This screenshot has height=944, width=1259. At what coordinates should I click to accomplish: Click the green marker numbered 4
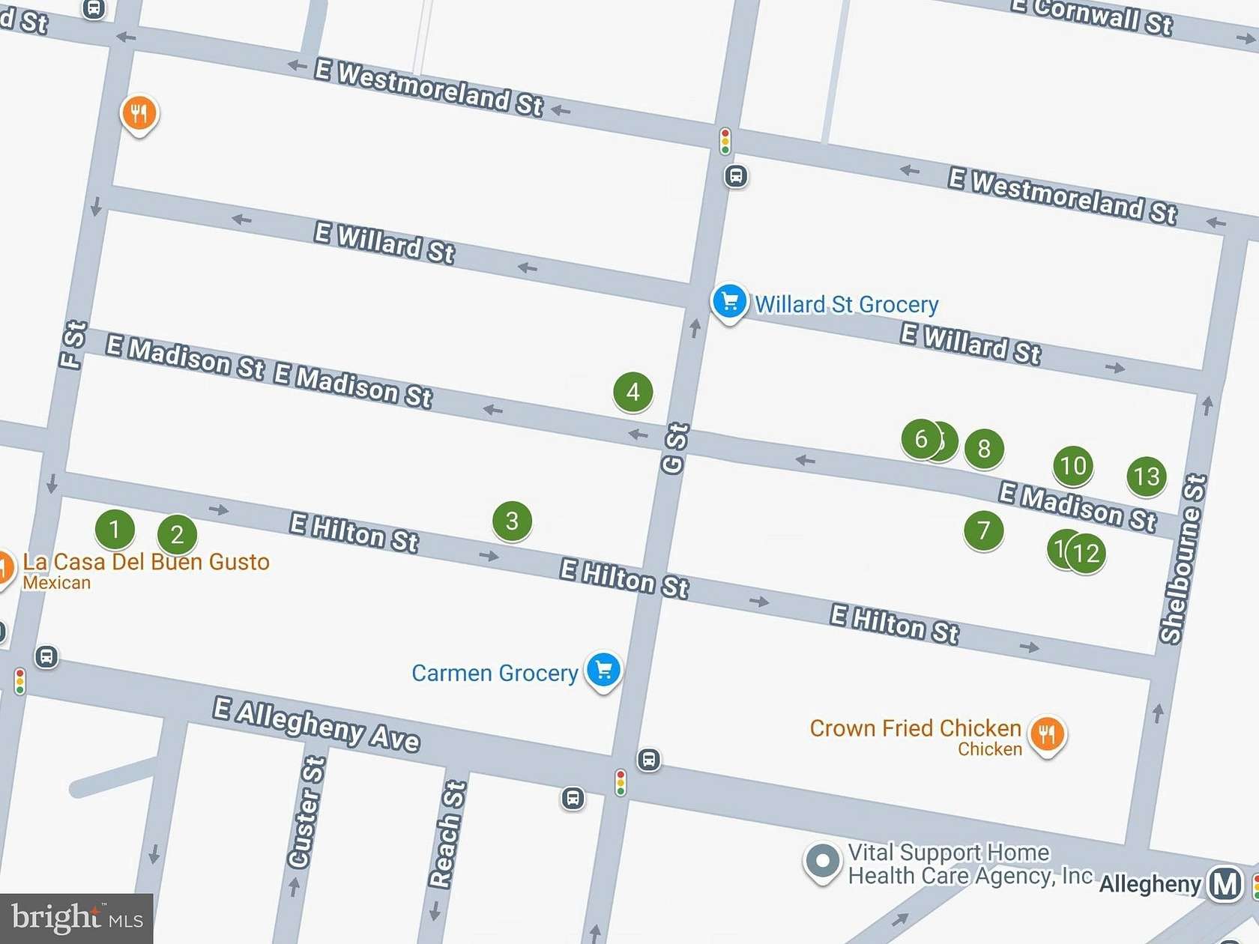pos(632,392)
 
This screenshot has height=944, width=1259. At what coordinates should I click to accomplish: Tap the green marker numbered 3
pos(512,521)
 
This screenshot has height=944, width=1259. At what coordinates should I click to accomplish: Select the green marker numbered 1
pos(115,530)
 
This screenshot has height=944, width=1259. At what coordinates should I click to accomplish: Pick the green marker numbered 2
pos(177,535)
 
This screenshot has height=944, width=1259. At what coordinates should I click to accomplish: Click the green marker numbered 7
pos(983,530)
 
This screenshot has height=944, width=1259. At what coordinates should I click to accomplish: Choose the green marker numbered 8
pos(984,449)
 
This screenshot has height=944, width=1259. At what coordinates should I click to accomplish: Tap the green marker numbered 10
pos(1073,466)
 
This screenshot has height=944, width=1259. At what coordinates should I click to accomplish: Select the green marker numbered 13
pos(1147,476)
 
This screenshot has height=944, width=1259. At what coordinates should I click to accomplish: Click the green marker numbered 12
pos(1087,554)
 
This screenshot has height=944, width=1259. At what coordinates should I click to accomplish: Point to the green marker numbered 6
pos(920,439)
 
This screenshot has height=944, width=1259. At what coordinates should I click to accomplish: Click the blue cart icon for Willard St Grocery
pos(728,302)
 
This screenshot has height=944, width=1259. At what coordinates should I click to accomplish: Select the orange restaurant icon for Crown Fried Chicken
pos(1047,734)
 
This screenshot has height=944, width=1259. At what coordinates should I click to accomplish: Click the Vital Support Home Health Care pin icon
pos(822,861)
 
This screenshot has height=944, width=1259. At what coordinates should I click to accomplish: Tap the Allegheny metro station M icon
pos(1225,884)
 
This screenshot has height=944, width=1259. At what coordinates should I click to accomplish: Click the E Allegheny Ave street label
pos(316,724)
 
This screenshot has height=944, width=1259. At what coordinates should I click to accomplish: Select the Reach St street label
pos(447,834)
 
